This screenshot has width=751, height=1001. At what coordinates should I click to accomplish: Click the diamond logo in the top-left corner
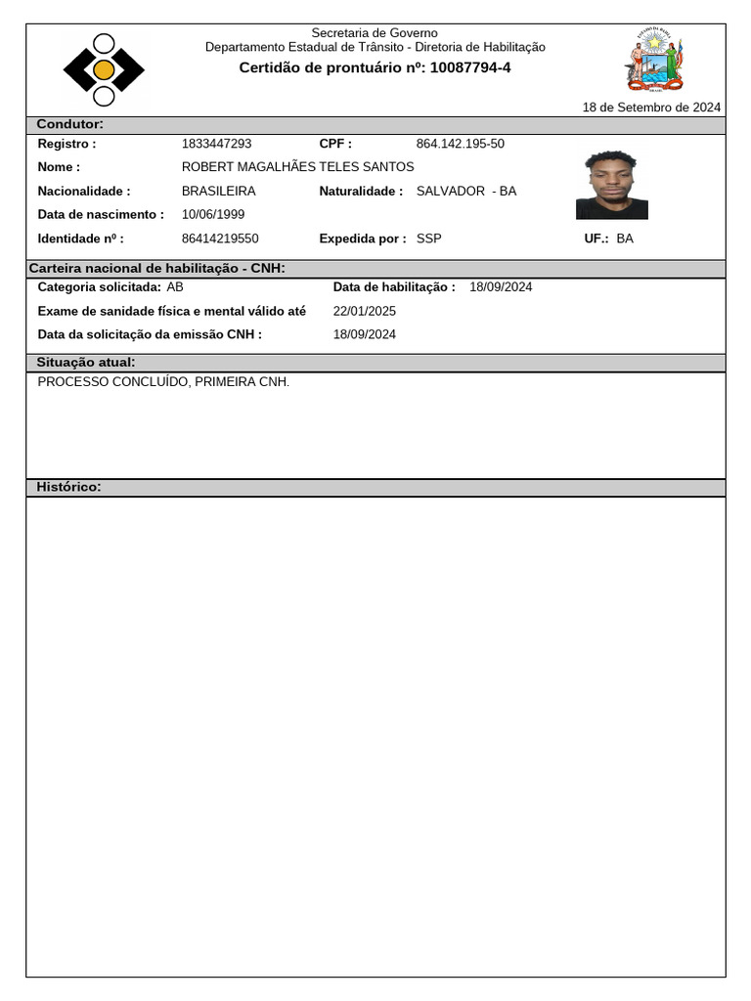coord(104,69)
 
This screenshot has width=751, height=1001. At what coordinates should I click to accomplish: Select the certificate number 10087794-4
coord(470,67)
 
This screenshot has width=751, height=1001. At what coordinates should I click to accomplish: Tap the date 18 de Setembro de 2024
coord(651,108)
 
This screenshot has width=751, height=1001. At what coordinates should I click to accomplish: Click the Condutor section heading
coord(69,124)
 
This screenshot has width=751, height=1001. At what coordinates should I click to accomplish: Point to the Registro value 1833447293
coord(217,144)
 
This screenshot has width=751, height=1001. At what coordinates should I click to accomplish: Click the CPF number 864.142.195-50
coord(461,144)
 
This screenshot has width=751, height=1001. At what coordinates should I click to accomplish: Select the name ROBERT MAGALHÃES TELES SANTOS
coord(298,167)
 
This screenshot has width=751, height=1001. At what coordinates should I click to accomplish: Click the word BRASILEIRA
coord(219,191)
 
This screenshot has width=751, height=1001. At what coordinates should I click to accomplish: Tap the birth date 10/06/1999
coord(213,214)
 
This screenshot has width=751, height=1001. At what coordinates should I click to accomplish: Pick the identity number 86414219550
coord(221,238)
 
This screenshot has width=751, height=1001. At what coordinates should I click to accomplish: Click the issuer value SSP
coord(429,238)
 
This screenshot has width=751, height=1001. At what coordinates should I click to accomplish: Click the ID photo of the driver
coord(612,185)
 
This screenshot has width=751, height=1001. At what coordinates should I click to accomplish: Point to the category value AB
coord(175,287)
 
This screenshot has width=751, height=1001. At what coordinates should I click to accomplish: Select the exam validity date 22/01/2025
coord(365,311)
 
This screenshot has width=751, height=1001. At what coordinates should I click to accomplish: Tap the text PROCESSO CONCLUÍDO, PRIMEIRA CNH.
coord(163,381)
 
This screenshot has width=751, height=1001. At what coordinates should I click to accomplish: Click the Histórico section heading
coord(68,487)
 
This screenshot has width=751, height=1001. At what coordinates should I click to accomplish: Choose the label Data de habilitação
coord(394,287)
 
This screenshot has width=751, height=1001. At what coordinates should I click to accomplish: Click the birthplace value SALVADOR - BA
coord(466,191)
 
